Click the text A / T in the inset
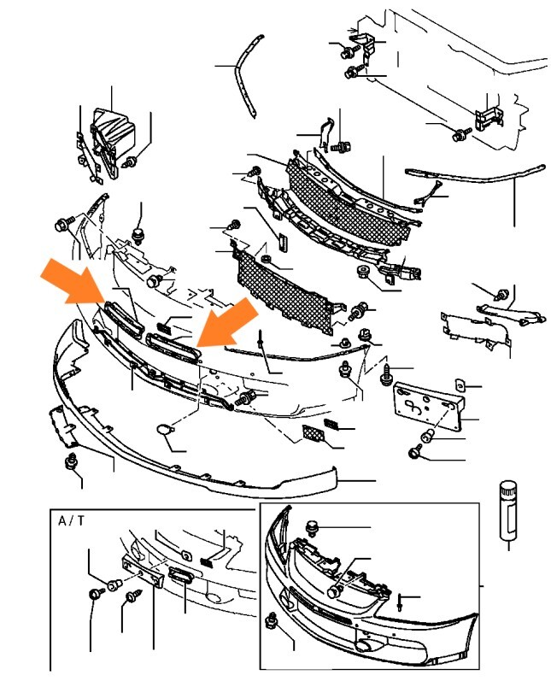[71, 520]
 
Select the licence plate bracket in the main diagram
[428, 405]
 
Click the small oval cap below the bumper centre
[164, 430]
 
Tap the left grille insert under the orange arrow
[123, 320]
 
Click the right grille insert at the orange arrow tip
[173, 346]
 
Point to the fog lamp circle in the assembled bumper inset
[362, 646]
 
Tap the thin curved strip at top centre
[249, 76]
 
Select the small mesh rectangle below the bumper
[313, 433]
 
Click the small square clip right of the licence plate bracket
[460, 385]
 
